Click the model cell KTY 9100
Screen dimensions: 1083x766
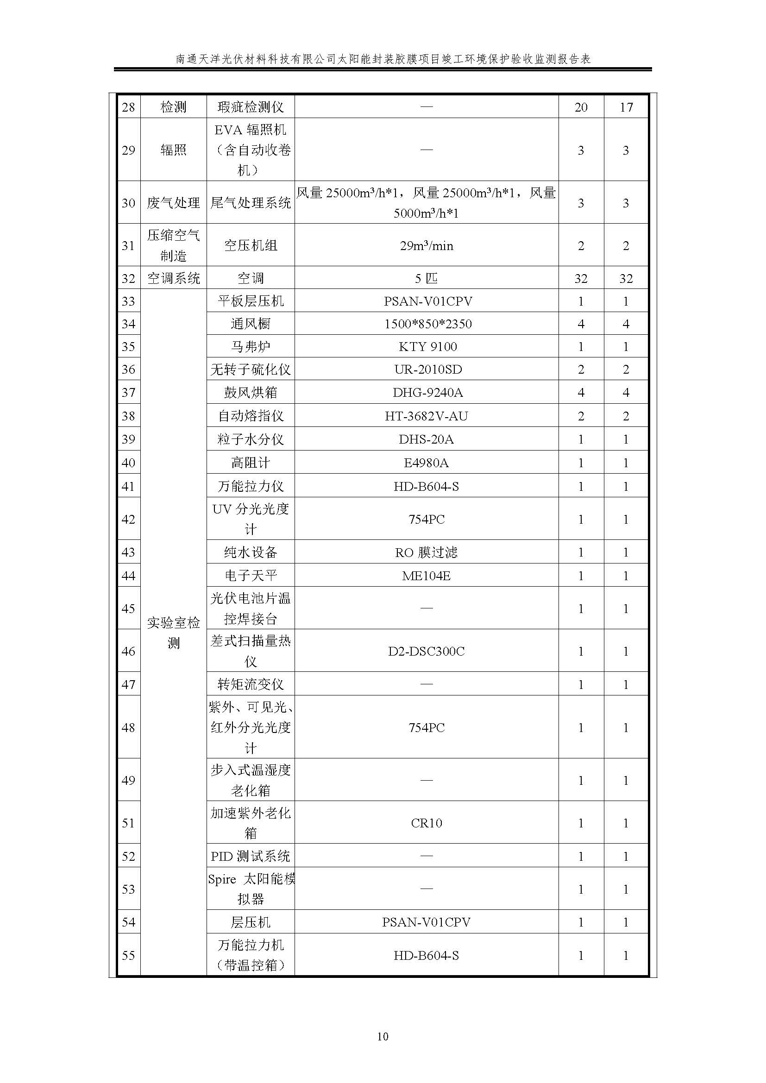(x=427, y=347)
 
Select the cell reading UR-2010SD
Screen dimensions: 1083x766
(x=427, y=369)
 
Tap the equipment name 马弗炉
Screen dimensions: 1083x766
(x=251, y=347)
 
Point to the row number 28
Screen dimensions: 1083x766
(x=128, y=107)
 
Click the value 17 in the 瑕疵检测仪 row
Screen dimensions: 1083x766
(x=626, y=107)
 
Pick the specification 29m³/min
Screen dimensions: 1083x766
(x=427, y=245)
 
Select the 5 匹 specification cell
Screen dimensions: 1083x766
(x=427, y=278)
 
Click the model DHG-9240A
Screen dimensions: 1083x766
(x=427, y=393)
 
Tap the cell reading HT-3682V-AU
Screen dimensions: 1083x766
(x=427, y=416)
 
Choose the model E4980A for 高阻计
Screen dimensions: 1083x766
(x=427, y=463)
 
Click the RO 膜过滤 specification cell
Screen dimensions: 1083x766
(x=427, y=552)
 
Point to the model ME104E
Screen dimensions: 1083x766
(x=427, y=576)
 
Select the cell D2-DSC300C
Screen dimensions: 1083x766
(x=427, y=651)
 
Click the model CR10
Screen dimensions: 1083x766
(x=427, y=823)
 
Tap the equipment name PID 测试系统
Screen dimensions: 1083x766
(x=251, y=856)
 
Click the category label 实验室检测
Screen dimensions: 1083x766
(x=174, y=632)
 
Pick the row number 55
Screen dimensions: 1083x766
(x=128, y=956)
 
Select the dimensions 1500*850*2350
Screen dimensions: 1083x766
(x=427, y=324)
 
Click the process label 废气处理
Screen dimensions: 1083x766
(x=174, y=203)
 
